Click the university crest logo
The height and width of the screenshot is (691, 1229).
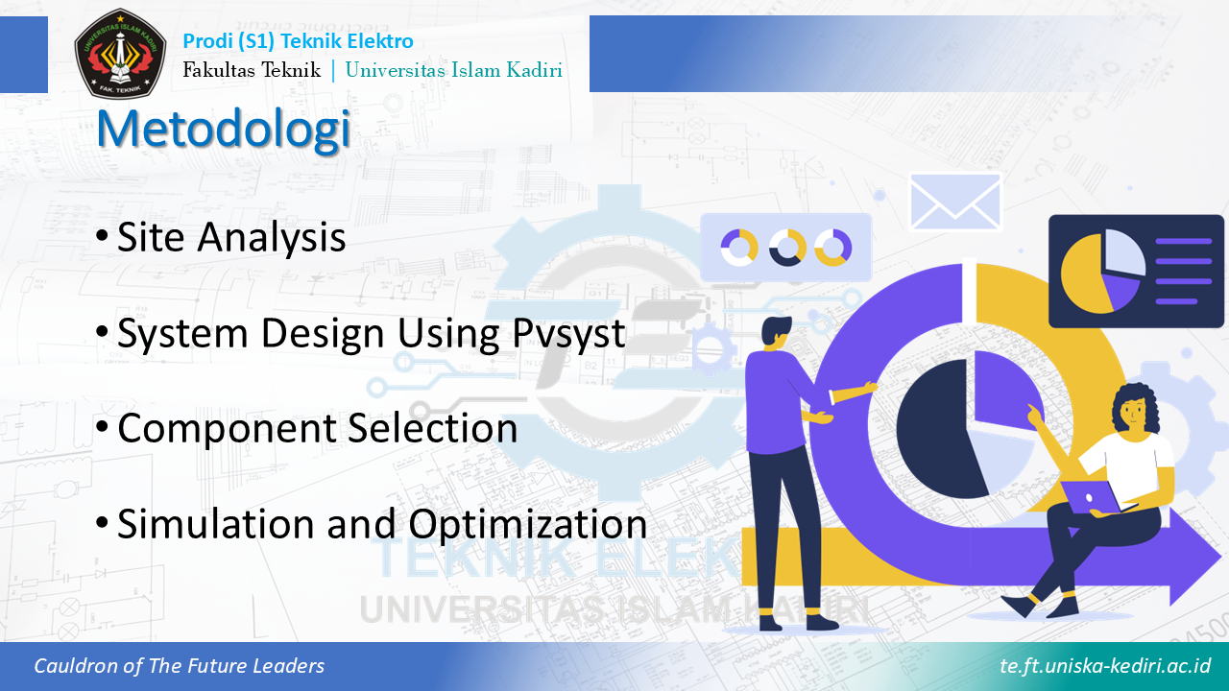click(x=120, y=53)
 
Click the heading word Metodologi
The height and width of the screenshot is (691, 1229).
click(x=224, y=130)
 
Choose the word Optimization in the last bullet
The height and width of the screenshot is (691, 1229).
click(x=528, y=524)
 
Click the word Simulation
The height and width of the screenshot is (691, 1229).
click(x=217, y=524)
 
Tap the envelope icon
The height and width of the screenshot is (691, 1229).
click(x=955, y=202)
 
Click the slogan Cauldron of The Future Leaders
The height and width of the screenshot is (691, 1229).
click(x=180, y=666)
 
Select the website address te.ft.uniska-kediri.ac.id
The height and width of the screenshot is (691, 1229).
click(x=1105, y=666)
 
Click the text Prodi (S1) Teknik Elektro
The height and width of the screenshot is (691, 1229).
click(x=298, y=41)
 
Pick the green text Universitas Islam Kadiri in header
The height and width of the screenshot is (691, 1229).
click(x=454, y=70)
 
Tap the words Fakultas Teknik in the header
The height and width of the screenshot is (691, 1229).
click(x=252, y=70)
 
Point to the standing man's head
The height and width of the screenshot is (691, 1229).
click(x=775, y=332)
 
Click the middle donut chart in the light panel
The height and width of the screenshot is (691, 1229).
click(x=786, y=248)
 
